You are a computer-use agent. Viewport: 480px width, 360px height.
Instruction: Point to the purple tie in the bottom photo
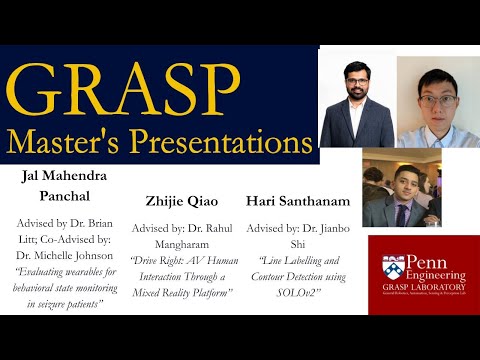click(402, 213)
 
